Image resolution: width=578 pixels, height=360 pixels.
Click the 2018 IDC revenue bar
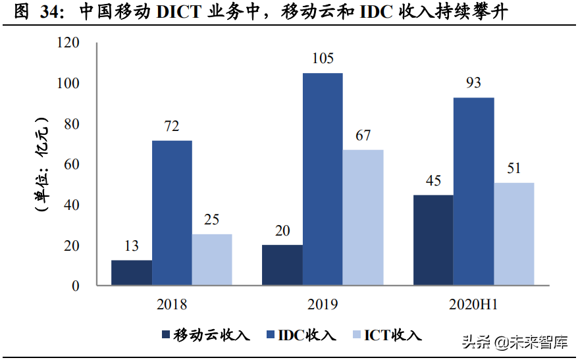(x=172, y=213)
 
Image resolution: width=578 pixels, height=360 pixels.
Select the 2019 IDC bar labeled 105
(x=323, y=179)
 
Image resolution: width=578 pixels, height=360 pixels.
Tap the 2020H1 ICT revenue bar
(x=514, y=234)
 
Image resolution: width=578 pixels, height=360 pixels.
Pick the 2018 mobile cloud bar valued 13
(x=132, y=272)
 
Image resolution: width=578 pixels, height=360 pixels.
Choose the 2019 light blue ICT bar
(x=363, y=218)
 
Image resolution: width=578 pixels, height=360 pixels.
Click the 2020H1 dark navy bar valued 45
(x=433, y=240)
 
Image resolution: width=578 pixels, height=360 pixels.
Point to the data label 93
(x=473, y=83)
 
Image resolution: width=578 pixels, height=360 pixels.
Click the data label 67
(x=363, y=136)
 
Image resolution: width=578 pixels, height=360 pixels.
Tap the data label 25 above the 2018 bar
(x=211, y=220)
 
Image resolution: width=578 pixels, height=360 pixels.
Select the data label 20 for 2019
(x=282, y=230)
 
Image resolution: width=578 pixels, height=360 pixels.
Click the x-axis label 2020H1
(x=473, y=305)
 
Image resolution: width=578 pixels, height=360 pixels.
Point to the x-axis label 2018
(x=172, y=305)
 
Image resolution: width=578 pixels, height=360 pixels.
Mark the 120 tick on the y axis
(x=68, y=43)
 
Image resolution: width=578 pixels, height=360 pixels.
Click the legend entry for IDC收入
(x=301, y=335)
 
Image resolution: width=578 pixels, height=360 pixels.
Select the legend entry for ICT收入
(x=386, y=335)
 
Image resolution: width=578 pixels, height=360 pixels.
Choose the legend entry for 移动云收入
(x=205, y=335)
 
